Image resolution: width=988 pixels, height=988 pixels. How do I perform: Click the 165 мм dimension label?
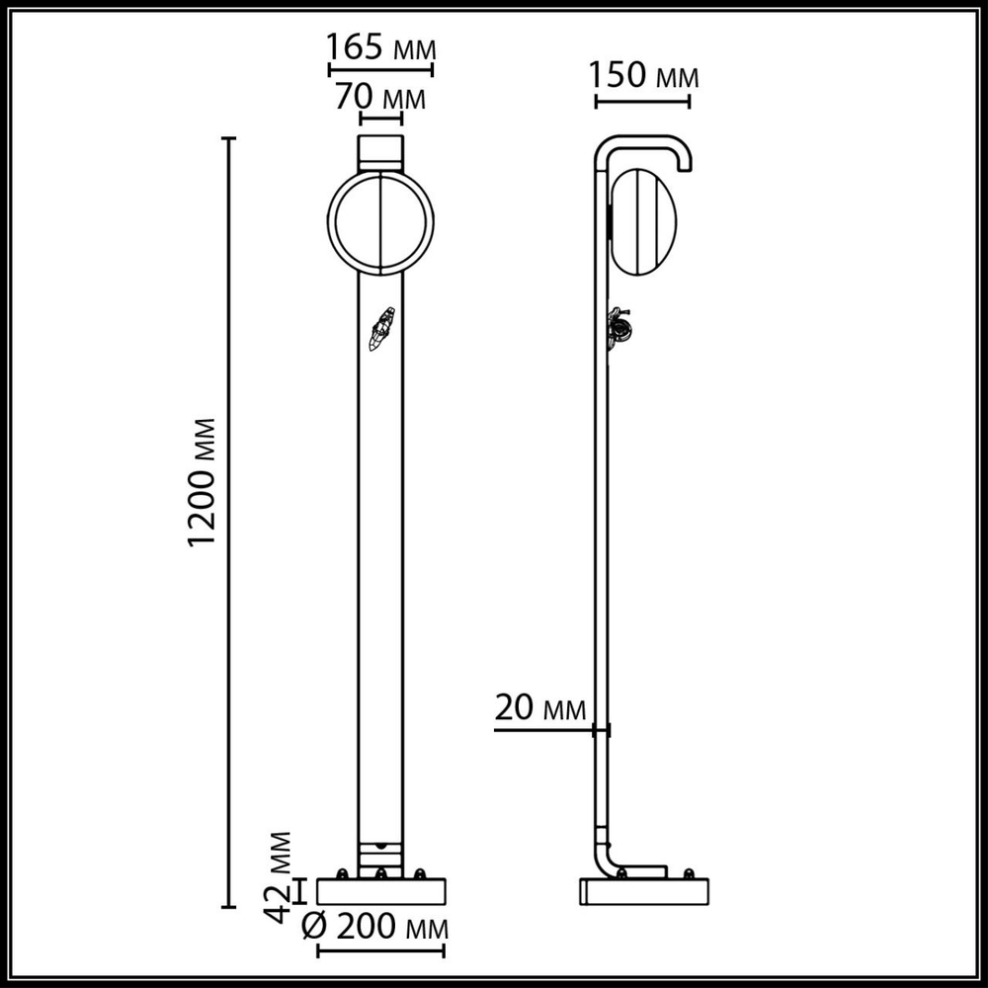pyautogui.click(x=380, y=46)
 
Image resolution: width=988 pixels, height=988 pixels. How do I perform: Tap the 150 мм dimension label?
pyautogui.click(x=643, y=77)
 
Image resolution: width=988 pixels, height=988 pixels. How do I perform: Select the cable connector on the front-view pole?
pyautogui.click(x=381, y=329)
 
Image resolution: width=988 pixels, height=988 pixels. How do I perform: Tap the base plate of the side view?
pyautogui.click(x=643, y=891)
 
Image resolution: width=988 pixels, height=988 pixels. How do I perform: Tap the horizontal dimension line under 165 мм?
pyautogui.click(x=380, y=70)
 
